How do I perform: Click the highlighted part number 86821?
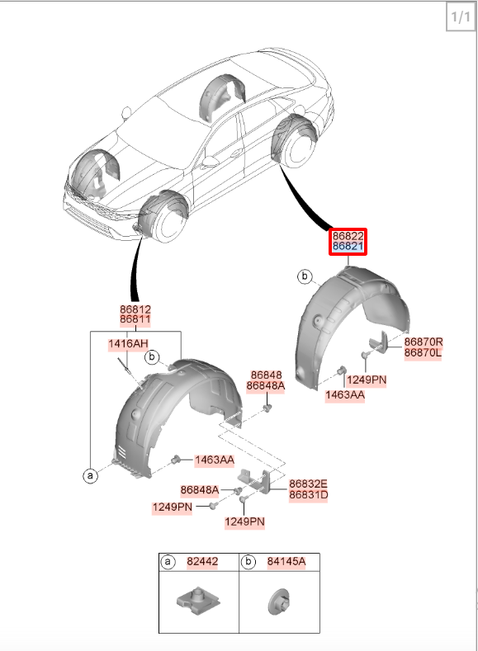pyautogui.click(x=348, y=247)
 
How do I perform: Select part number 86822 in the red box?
pyautogui.click(x=348, y=236)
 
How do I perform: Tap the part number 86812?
pyautogui.click(x=135, y=309)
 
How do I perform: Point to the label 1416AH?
pyautogui.click(x=128, y=344)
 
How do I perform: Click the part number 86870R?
pyautogui.click(x=424, y=342)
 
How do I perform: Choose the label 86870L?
pyautogui.click(x=423, y=353)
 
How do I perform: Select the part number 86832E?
pyautogui.click(x=308, y=484)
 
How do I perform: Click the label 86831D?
pyautogui.click(x=309, y=495)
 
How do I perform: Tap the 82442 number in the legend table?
pyautogui.click(x=202, y=562)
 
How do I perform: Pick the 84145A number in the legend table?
pyautogui.click(x=286, y=562)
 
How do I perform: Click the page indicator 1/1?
pyautogui.click(x=461, y=17)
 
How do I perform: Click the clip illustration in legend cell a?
pyautogui.click(x=198, y=600)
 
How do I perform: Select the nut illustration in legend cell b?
pyautogui.click(x=280, y=601)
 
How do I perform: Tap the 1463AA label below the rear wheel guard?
pyautogui.click(x=345, y=395)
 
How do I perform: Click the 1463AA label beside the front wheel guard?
pyautogui.click(x=215, y=460)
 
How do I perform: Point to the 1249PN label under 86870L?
pyautogui.click(x=367, y=380)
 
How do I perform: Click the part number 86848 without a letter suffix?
pyautogui.click(x=266, y=375)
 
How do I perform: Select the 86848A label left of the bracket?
pyautogui.click(x=199, y=490)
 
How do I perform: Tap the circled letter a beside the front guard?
pyautogui.click(x=91, y=475)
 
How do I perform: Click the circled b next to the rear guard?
pyautogui.click(x=305, y=276)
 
